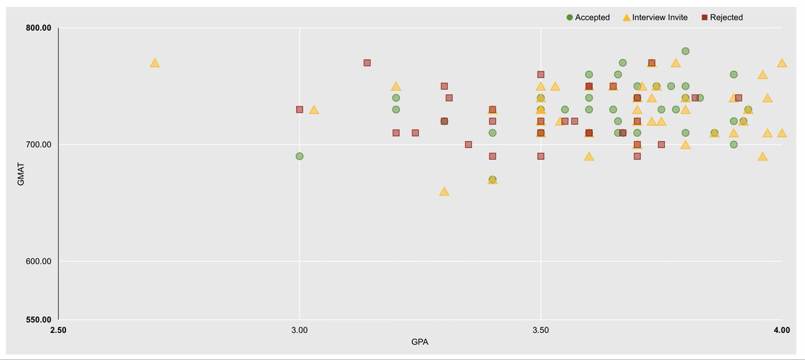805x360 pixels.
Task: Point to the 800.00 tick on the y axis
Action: pyautogui.click(x=38, y=28)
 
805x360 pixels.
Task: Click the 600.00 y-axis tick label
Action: pyautogui.click(x=38, y=262)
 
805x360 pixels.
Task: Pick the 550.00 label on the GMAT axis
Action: pyautogui.click(x=38, y=320)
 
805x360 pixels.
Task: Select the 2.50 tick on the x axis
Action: pyautogui.click(x=58, y=330)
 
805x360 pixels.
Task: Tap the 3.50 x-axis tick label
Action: pyautogui.click(x=541, y=330)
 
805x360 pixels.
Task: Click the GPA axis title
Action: pyautogui.click(x=420, y=342)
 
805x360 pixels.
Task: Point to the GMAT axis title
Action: pyautogui.click(x=21, y=174)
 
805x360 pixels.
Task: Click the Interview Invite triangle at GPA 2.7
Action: pyautogui.click(x=154, y=63)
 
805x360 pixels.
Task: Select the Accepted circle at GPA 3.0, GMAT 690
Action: pyautogui.click(x=300, y=156)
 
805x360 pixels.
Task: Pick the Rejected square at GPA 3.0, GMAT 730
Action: pyautogui.click(x=300, y=110)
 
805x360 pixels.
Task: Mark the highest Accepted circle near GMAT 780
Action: pyautogui.click(x=685, y=51)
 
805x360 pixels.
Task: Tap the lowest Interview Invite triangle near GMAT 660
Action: pyautogui.click(x=444, y=191)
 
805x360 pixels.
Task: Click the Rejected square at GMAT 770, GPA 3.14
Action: pyautogui.click(x=367, y=63)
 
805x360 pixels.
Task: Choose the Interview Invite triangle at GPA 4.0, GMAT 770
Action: pyautogui.click(x=782, y=63)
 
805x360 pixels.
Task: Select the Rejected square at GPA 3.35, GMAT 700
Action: pyautogui.click(x=469, y=145)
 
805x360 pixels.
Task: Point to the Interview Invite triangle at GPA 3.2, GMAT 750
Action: pyautogui.click(x=396, y=87)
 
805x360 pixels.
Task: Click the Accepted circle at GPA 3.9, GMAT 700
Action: pyautogui.click(x=733, y=145)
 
